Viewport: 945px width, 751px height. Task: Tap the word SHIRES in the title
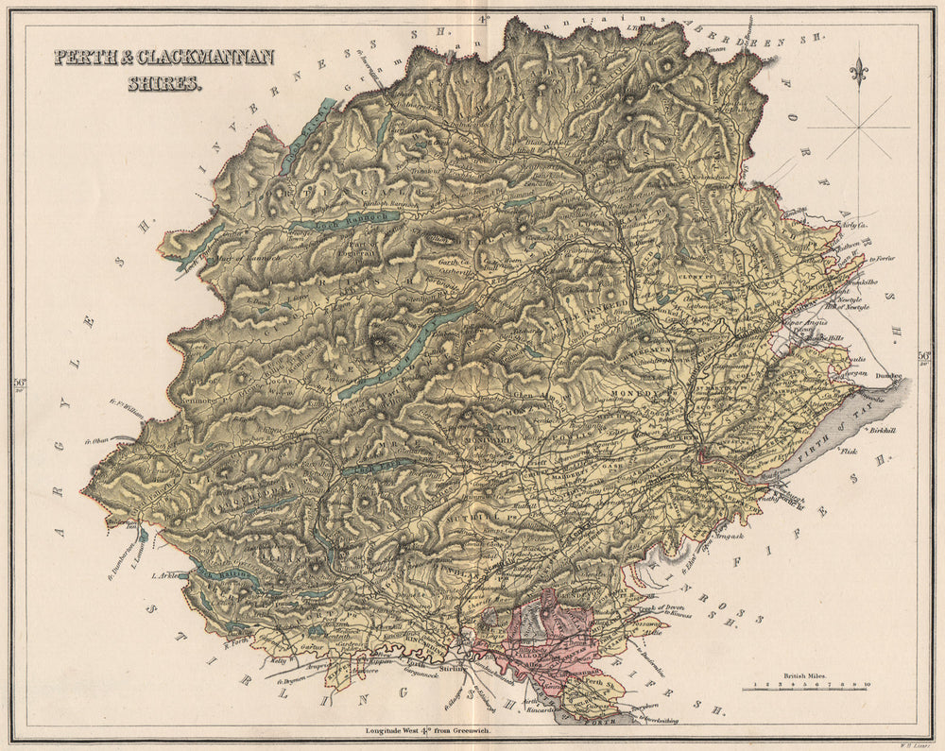click(x=163, y=83)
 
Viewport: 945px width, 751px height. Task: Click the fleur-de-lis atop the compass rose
click(x=858, y=72)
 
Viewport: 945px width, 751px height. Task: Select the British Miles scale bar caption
click(x=805, y=676)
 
